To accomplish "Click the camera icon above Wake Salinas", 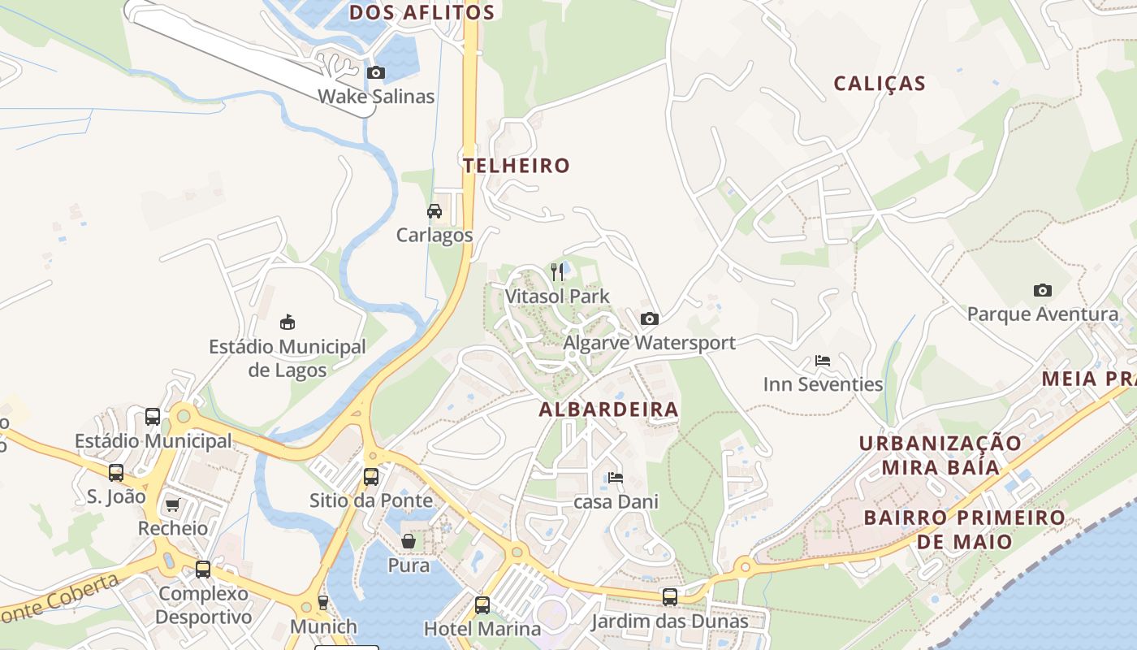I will pyautogui.click(x=375, y=73).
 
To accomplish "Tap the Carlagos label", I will pyautogui.click(x=434, y=235).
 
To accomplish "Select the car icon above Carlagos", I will pyautogui.click(x=434, y=211).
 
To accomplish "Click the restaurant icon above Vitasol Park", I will pyautogui.click(x=557, y=272).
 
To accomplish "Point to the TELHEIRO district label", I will pyautogui.click(x=517, y=166).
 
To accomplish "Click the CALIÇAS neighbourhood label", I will pyautogui.click(x=880, y=84).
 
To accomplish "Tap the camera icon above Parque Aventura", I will pyautogui.click(x=1042, y=290).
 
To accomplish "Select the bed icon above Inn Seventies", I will pyautogui.click(x=823, y=361).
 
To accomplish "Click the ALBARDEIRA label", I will pyautogui.click(x=608, y=409).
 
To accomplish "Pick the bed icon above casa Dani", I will pyautogui.click(x=616, y=478).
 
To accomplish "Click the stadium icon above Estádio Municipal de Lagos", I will pyautogui.click(x=287, y=323).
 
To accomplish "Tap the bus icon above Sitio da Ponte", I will pyautogui.click(x=371, y=477).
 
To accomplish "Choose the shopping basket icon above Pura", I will pyautogui.click(x=409, y=541).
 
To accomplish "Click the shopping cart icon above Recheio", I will pyautogui.click(x=172, y=505).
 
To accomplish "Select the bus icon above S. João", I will pyautogui.click(x=116, y=473).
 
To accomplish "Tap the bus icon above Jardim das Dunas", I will pyautogui.click(x=669, y=597).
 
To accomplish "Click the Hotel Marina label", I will pyautogui.click(x=482, y=628).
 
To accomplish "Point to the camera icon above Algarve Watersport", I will pyautogui.click(x=649, y=319).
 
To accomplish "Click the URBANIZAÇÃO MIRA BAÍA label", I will pyautogui.click(x=940, y=455).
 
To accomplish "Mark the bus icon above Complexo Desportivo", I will pyautogui.click(x=203, y=570).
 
